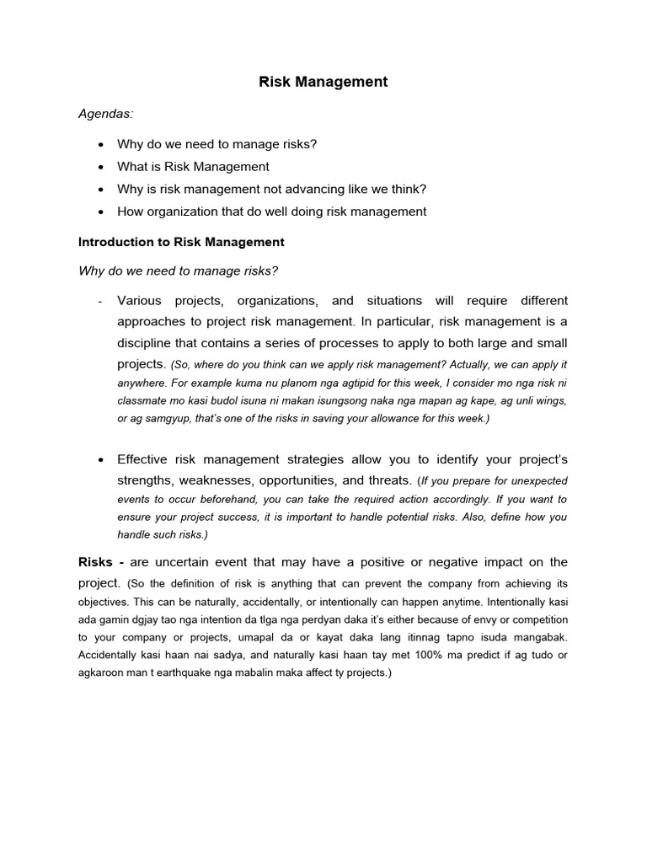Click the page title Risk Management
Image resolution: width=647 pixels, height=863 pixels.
[323, 82]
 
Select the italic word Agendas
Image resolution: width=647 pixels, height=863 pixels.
[105, 114]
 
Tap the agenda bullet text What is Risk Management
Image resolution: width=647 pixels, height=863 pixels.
[193, 167]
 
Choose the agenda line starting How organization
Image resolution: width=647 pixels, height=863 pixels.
[271, 212]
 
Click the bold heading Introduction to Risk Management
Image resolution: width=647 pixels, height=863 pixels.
[181, 242]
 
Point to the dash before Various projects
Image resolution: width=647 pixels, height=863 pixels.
[100, 301]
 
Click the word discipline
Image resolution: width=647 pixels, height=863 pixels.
[146, 344]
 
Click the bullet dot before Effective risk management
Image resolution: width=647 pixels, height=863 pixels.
[100, 460]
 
